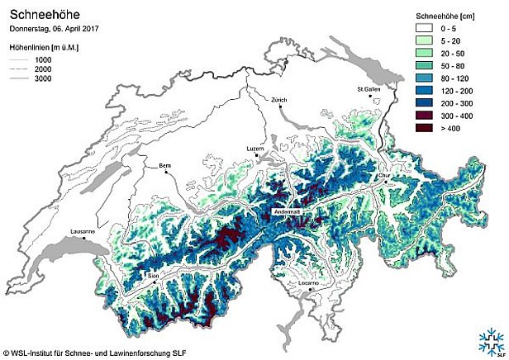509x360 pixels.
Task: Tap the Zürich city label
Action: coord(278,100)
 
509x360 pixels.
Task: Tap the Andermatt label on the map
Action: coord(288,212)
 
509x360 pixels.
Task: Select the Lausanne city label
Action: coord(83,231)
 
